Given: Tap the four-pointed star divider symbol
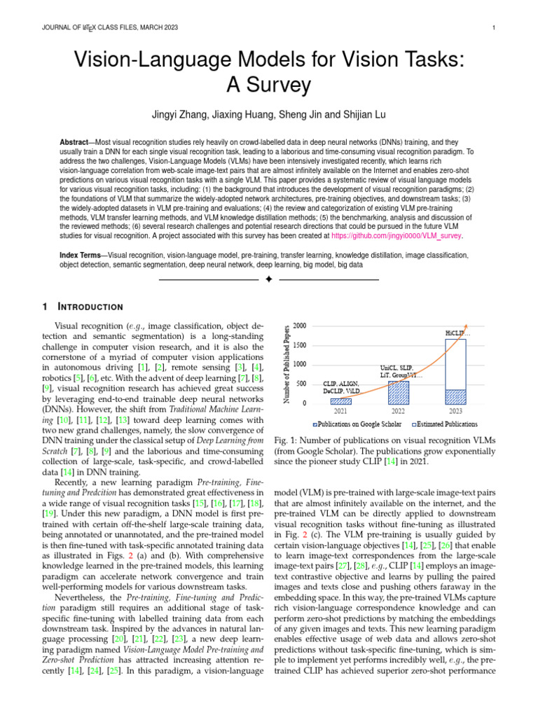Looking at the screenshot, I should click(268, 280).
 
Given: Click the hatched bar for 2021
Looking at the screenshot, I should click(340, 401).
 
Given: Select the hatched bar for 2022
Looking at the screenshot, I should click(398, 392).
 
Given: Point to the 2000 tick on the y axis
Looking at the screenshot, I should click(299, 326).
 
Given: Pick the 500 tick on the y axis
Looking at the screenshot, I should click(301, 384).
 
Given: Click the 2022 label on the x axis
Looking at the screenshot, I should click(398, 412).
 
